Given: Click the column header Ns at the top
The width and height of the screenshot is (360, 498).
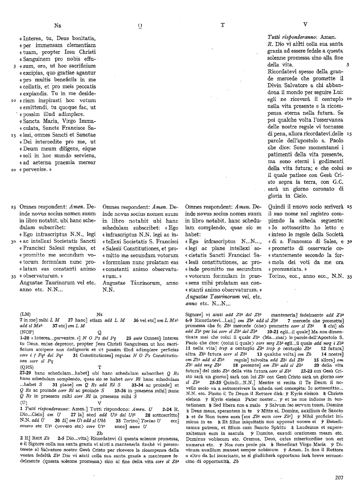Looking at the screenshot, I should (58, 25).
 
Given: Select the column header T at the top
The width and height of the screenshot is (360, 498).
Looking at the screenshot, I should (222, 25).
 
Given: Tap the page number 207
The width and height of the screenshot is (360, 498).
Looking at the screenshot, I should (339, 478).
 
